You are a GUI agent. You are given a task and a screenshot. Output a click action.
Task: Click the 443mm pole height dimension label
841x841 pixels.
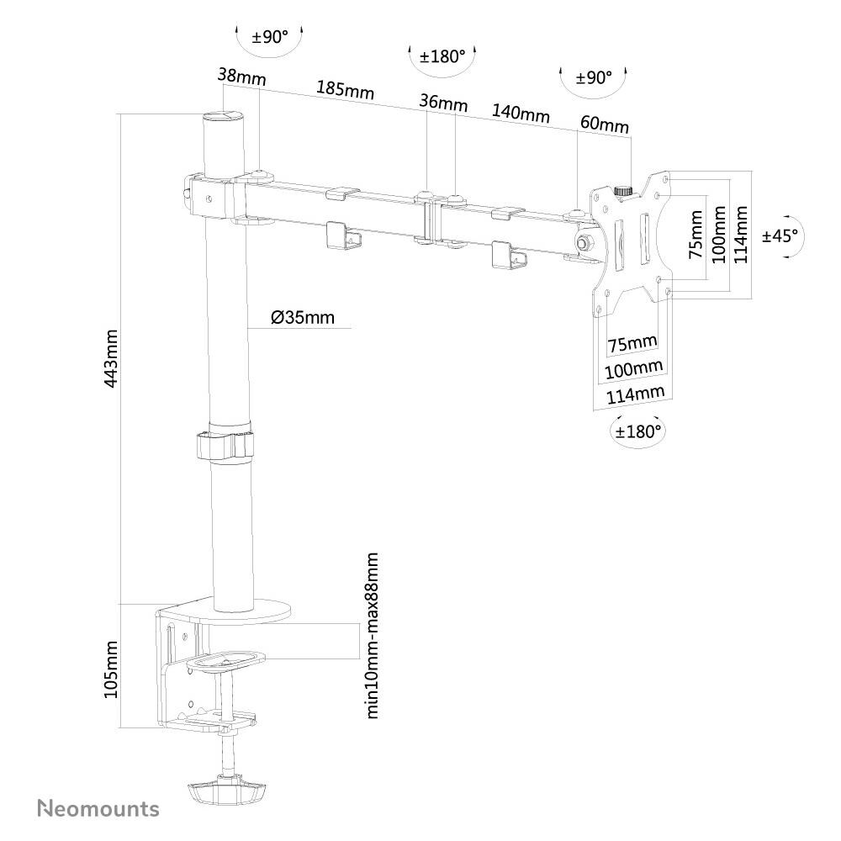(111, 358)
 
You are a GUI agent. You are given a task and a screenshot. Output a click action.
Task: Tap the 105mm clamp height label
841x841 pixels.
(111, 669)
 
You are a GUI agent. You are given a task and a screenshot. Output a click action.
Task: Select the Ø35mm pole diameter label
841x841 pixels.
(303, 318)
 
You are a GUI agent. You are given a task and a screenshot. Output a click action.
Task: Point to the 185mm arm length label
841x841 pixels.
(345, 89)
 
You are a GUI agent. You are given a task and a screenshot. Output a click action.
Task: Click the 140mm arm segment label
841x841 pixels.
(521, 114)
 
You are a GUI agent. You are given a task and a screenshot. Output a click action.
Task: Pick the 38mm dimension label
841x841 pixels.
(242, 77)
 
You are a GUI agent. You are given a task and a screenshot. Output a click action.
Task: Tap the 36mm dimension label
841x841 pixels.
(443, 102)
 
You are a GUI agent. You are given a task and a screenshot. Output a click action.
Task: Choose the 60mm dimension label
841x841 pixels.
(605, 124)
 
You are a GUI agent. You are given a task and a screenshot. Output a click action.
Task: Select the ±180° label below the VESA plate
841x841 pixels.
(637, 431)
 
